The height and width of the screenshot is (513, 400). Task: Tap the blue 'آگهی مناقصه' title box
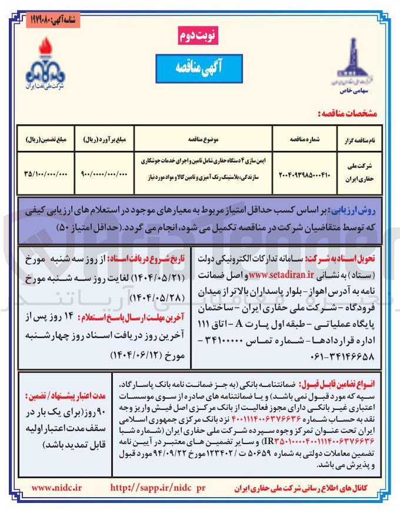pyautogui.click(x=199, y=68)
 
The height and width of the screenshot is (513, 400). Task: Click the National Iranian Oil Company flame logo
pyautogui.click(x=45, y=62)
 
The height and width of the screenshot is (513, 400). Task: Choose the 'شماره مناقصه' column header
pyautogui.click(x=301, y=141)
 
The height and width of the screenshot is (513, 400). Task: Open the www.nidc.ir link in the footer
pyautogui.click(x=57, y=488)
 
